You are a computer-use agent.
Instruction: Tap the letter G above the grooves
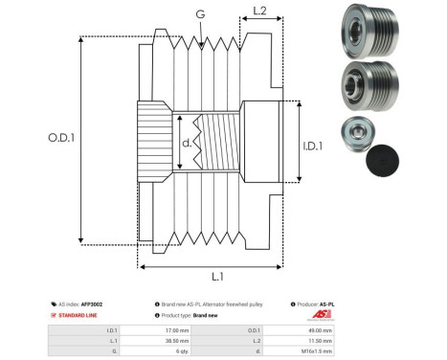pos(199,14)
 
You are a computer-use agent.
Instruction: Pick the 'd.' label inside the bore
pos(186,145)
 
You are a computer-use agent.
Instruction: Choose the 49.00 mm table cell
pos(320,328)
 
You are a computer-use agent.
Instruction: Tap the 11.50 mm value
pos(320,340)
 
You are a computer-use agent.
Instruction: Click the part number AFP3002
pos(91,304)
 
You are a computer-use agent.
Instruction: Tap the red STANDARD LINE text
pos(77,315)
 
